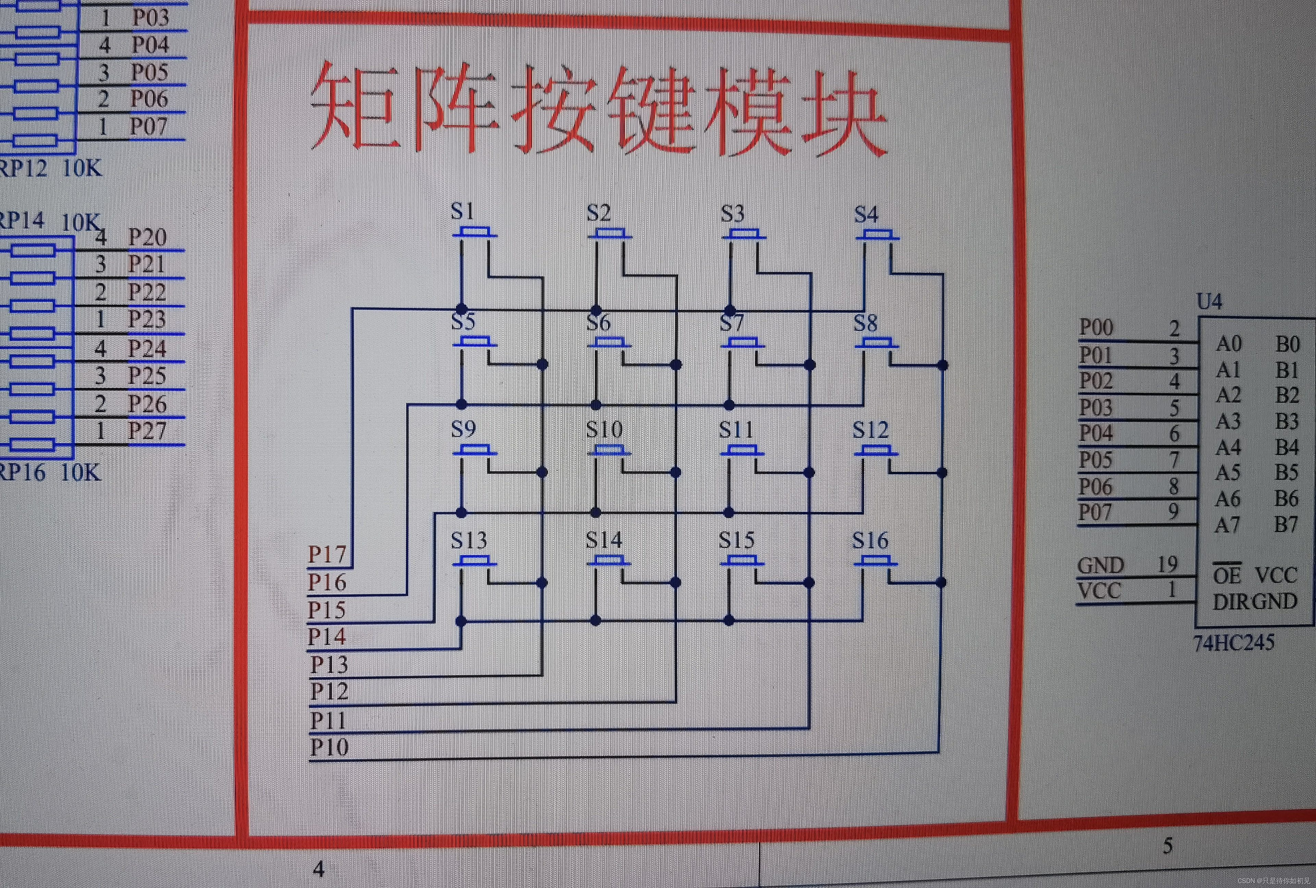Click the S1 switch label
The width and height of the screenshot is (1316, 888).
click(x=463, y=212)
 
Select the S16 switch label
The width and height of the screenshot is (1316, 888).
click(x=870, y=541)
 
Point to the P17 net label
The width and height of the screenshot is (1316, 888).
click(x=327, y=554)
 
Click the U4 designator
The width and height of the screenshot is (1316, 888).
click(x=1209, y=301)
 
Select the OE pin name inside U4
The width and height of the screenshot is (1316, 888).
click(x=1227, y=576)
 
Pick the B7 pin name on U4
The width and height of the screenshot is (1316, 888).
click(x=1286, y=525)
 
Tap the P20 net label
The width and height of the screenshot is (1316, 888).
click(x=147, y=237)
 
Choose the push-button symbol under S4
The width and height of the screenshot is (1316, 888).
click(x=877, y=234)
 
